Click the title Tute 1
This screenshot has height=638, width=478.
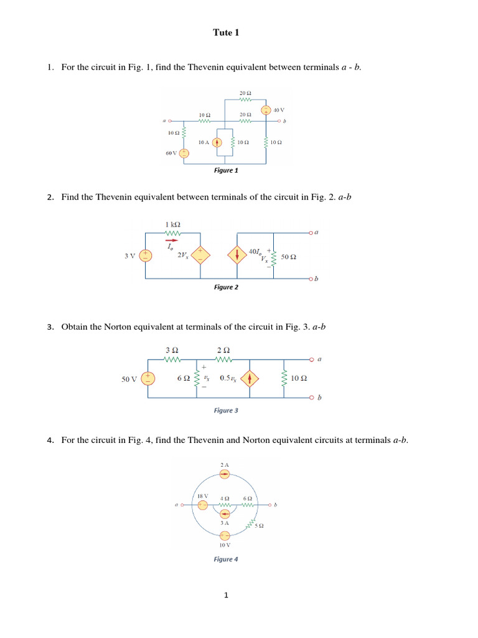226,33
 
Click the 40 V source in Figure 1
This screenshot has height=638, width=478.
265,110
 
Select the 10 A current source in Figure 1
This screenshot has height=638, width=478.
217,142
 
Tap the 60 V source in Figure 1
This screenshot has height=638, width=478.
184,153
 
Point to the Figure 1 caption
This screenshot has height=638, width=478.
226,170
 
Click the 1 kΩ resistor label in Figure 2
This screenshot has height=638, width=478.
173,224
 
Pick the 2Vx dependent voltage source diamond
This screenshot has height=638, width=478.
200,255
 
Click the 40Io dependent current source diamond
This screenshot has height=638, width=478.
237,255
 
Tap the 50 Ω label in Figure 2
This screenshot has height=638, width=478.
289,257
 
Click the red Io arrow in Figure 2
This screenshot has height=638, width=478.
170,239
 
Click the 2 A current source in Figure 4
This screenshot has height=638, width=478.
225,475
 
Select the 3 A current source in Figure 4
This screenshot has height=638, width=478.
225,513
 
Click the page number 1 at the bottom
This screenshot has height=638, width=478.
227,596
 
